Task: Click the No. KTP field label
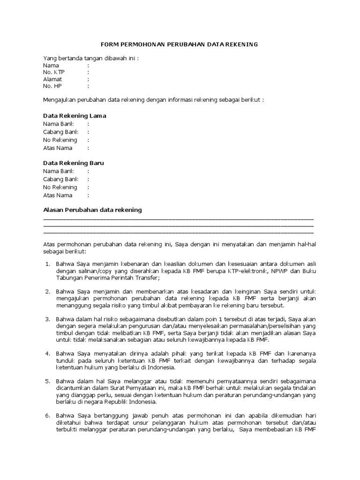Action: tap(54, 72)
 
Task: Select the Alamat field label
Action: tap(52, 79)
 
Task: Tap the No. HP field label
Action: tap(52, 86)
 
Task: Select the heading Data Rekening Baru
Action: tap(74, 163)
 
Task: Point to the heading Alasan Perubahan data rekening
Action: tap(92, 210)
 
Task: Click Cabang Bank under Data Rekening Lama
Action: tap(61, 132)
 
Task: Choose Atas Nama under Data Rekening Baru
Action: tap(58, 195)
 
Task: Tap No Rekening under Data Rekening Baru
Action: tap(60, 187)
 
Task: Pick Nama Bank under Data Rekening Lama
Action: tap(59, 124)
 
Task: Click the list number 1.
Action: tap(47, 264)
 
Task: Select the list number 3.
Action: tap(47, 319)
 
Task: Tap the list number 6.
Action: tap(47, 415)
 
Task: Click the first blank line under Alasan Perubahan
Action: tap(178, 218)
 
